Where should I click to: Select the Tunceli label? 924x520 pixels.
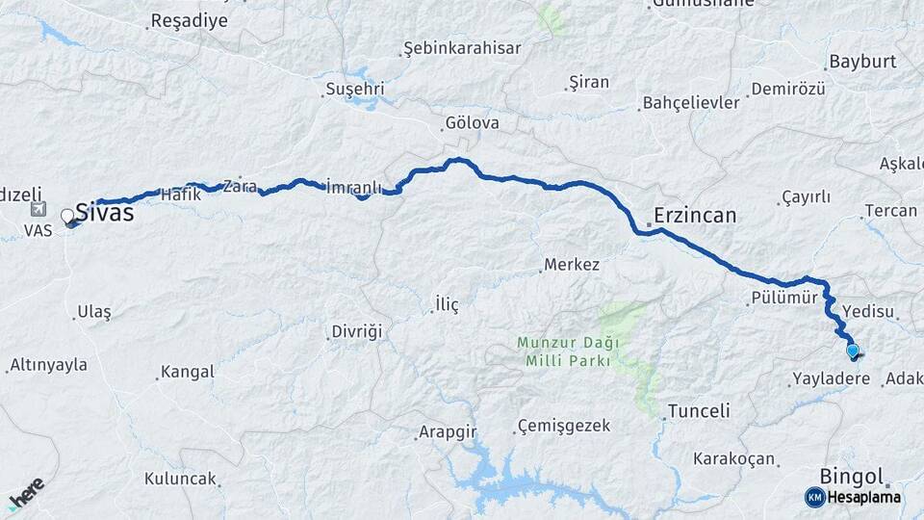pyautogui.click(x=698, y=411)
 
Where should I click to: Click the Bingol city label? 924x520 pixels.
pyautogui.click(x=851, y=476)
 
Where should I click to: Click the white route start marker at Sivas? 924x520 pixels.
pyautogui.click(x=67, y=217)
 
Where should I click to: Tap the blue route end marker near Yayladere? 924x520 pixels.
pyautogui.click(x=852, y=351)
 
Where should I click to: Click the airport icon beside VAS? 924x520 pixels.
pyautogui.click(x=38, y=209)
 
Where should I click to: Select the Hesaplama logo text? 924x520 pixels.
pyautogui.click(x=863, y=497)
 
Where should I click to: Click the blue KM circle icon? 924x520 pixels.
pyautogui.click(x=814, y=497)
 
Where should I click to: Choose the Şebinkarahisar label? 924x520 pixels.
pyautogui.click(x=462, y=48)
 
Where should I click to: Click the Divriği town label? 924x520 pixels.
pyautogui.click(x=357, y=331)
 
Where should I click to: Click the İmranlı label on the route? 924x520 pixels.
pyautogui.click(x=354, y=186)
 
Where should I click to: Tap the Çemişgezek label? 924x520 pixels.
pyautogui.click(x=564, y=426)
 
